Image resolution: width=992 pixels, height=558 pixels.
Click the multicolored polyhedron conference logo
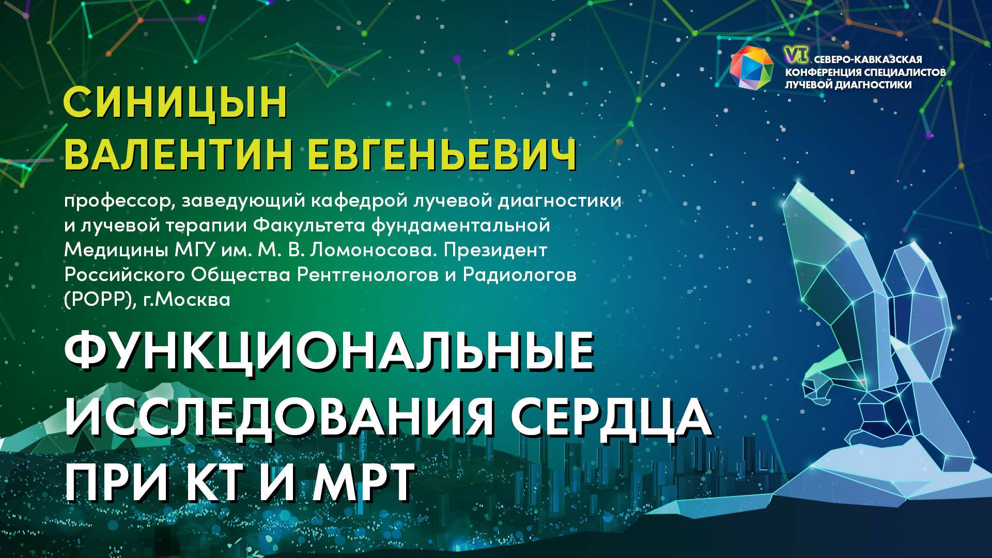(752, 68)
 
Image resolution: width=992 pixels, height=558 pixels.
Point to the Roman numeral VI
(792, 53)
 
